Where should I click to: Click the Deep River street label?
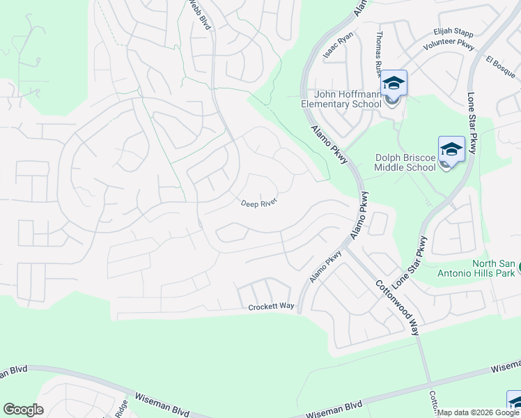tap(259, 203)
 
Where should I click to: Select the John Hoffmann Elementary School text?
tap(341, 99)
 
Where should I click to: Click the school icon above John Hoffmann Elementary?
tap(394, 84)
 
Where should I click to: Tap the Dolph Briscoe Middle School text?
tap(405, 162)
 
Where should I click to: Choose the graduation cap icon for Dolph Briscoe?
tap(451, 149)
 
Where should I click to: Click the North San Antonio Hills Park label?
tap(495, 268)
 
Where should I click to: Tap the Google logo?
tap(23, 410)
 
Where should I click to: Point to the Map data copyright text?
tap(479, 412)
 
